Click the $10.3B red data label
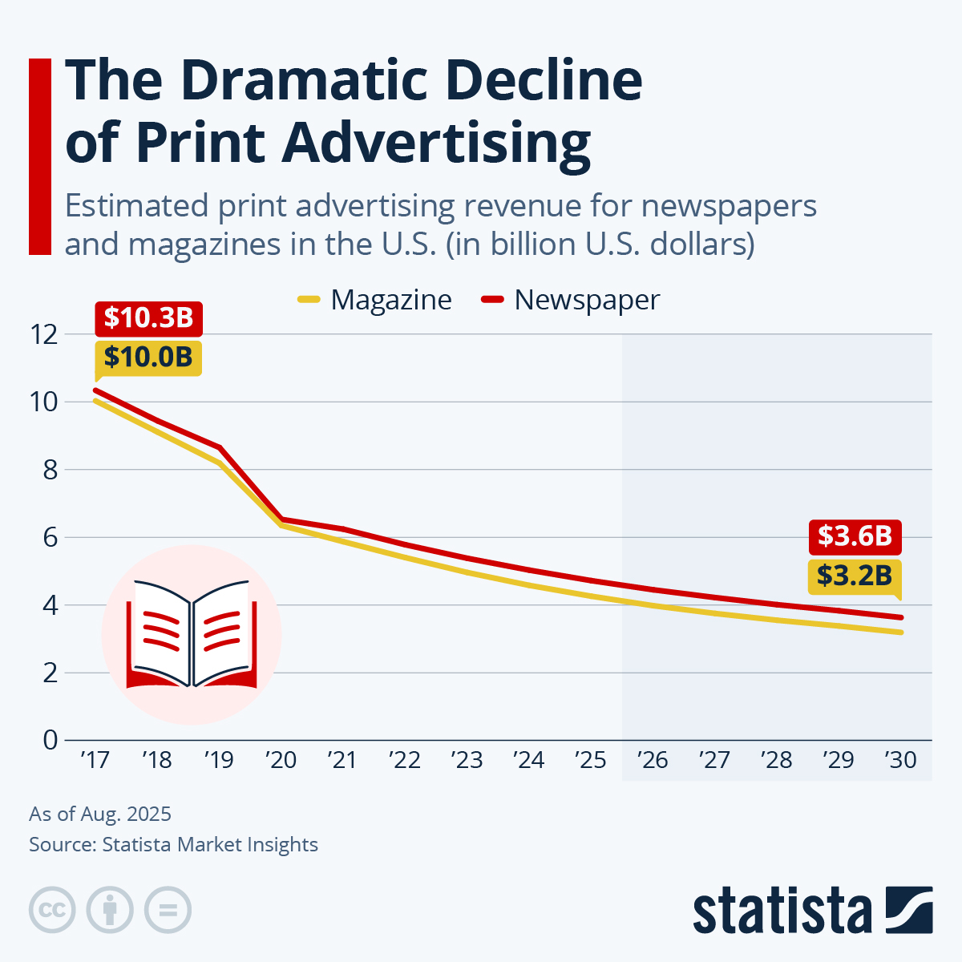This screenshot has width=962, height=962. tap(148, 318)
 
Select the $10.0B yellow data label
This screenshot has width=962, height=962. tap(148, 358)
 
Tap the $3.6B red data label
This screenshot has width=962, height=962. tap(855, 536)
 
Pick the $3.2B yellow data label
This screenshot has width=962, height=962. tap(855, 575)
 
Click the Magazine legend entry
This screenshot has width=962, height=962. tap(375, 300)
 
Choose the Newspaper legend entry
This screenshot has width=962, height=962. tap(571, 300)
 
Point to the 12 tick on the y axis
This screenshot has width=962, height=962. tap(44, 334)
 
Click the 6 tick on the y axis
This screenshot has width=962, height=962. tap(51, 537)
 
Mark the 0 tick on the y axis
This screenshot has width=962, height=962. tap(51, 740)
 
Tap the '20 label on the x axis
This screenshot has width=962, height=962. tap(281, 760)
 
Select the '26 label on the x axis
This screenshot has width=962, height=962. tap(653, 760)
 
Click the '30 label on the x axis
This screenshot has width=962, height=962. tap(900, 760)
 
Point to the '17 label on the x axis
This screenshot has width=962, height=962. tap(95, 760)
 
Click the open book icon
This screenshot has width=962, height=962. tap(192, 633)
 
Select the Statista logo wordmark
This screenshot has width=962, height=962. tap(782, 911)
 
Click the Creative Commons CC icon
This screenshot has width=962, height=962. tap(52, 911)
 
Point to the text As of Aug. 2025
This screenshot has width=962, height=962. tap(100, 814)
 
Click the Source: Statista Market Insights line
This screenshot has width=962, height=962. tap(173, 845)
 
